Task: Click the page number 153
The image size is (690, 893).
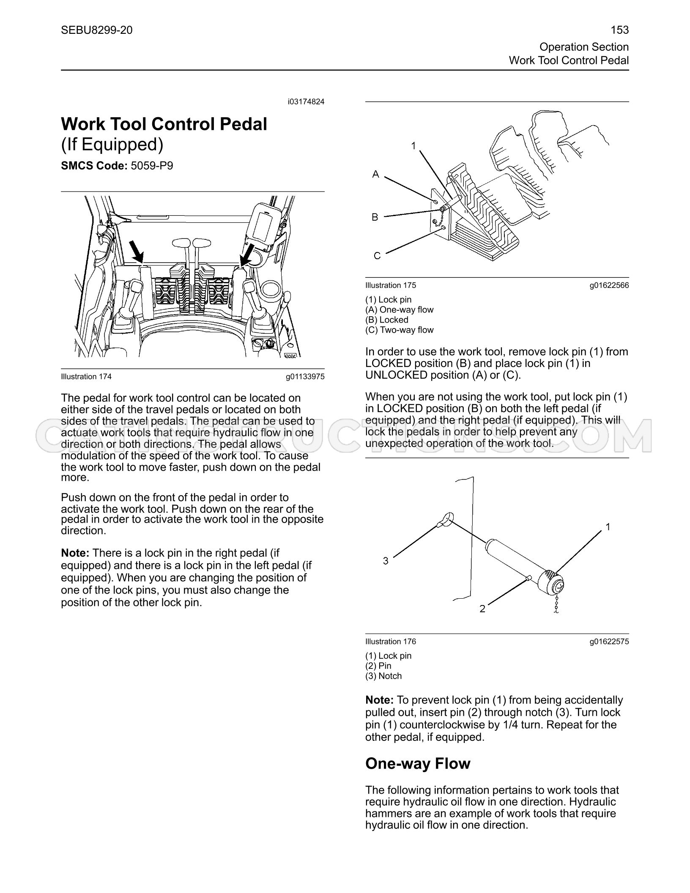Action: click(x=620, y=30)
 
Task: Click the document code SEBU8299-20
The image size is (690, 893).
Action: click(x=96, y=30)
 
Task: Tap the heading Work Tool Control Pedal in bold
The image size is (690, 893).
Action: click(x=164, y=124)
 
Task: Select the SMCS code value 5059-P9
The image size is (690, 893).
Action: click(x=152, y=166)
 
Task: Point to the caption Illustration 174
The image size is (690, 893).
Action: click(x=86, y=377)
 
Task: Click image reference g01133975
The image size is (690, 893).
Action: click(x=305, y=377)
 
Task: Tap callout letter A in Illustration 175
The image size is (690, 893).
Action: click(x=375, y=174)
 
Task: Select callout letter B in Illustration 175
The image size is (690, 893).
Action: click(x=375, y=217)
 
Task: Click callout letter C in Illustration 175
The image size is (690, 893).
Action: click(x=377, y=256)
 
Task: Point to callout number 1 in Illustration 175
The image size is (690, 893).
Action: click(x=413, y=146)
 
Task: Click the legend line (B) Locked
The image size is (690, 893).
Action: click(x=387, y=320)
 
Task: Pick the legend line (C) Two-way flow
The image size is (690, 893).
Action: click(x=400, y=330)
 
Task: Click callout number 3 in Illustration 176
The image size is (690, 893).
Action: click(x=386, y=561)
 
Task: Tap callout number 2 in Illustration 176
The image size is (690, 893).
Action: click(x=482, y=609)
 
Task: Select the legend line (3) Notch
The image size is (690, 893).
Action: click(x=384, y=676)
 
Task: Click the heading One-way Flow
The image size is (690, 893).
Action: click(x=418, y=764)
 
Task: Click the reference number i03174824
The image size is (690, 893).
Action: click(x=306, y=102)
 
